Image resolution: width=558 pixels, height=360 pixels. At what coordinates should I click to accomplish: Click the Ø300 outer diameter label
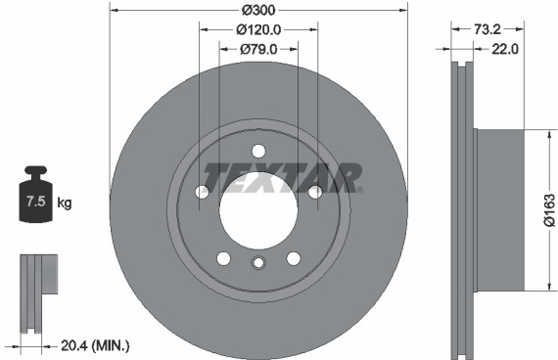258,10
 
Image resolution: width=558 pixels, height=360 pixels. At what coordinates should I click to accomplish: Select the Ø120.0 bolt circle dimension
258,29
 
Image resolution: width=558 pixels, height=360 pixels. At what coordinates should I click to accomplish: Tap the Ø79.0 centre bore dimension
258,49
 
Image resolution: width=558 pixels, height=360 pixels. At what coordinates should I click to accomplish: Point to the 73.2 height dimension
488,29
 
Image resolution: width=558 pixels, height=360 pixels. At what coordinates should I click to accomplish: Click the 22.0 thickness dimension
505,49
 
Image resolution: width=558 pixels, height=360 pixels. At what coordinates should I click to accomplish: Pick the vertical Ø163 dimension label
549,210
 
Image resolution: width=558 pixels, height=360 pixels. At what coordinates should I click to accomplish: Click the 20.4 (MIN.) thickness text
95,345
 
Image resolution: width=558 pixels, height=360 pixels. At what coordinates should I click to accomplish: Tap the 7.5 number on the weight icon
36,202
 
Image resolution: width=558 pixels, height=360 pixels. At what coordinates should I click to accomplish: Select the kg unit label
65,203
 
